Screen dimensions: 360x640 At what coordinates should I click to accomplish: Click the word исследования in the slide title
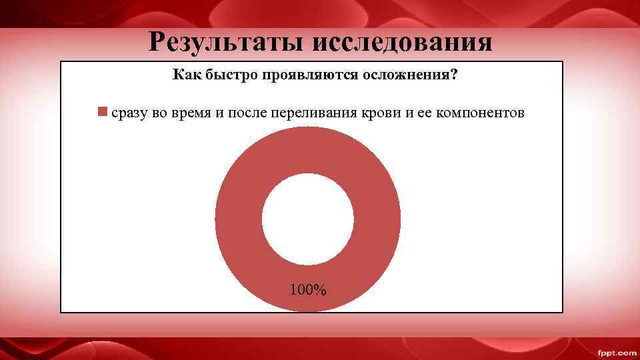coord(401,42)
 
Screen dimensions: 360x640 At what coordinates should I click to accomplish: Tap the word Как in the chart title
coord(185,75)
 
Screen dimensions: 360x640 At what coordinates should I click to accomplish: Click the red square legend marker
coord(102,111)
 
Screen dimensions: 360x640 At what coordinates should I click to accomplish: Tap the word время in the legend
coord(192,112)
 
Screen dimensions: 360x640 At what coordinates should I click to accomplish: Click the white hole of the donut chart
coord(308,219)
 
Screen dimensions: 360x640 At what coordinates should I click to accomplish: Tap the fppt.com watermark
coord(616,352)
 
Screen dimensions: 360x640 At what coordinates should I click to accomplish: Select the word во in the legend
coord(160,112)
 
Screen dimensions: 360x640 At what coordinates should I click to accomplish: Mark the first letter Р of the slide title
coord(157,42)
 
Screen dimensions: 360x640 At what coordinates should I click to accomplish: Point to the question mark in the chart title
coord(454,75)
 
